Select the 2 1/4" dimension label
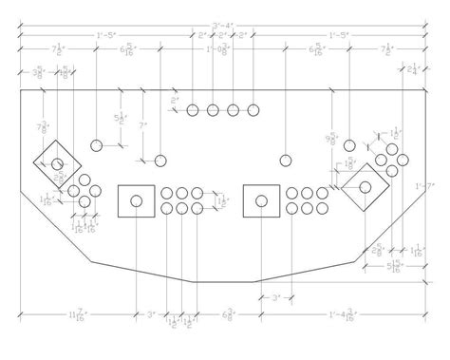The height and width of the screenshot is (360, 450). [411, 69]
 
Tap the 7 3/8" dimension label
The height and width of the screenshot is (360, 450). [44, 128]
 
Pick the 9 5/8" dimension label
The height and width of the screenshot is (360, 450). [331, 139]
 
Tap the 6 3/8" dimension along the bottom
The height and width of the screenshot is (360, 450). [229, 313]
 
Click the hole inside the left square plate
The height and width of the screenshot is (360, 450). [137, 200]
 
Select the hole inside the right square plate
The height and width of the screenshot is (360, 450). [262, 200]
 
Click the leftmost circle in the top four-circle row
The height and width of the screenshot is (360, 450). [193, 111]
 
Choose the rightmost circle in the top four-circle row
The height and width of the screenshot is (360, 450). [253, 111]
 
